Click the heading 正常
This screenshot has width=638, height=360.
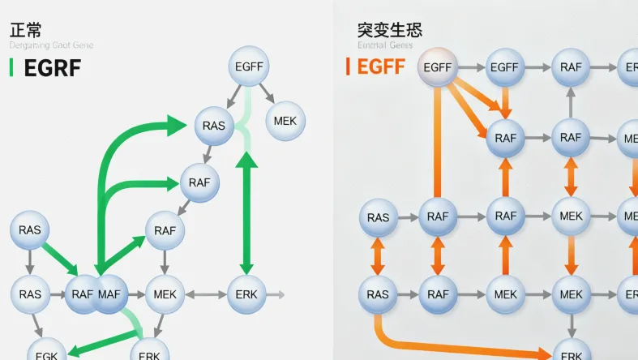coord(25,30)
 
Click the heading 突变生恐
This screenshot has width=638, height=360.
coord(389,30)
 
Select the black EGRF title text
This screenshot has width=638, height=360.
coord(53,68)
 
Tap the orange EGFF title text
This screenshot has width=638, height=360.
coord(381,66)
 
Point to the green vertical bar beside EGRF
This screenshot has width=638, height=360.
coord(11,68)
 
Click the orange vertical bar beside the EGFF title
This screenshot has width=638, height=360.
coord(348,66)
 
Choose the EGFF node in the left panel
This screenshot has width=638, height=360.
coord(248,66)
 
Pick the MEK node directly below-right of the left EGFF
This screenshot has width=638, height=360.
coord(285,121)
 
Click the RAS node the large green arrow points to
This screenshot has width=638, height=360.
coord(214,126)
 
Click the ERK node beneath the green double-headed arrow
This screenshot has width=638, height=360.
coord(246,294)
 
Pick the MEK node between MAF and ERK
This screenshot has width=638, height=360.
coord(165,294)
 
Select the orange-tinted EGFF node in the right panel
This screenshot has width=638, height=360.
coord(438,68)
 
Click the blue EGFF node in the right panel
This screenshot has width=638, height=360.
coord(505,68)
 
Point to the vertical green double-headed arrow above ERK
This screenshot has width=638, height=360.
coord(246,215)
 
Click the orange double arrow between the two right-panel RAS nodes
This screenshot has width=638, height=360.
coord(378,256)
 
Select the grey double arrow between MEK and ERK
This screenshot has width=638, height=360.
coord(206,294)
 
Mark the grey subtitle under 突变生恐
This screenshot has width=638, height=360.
coord(385,45)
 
